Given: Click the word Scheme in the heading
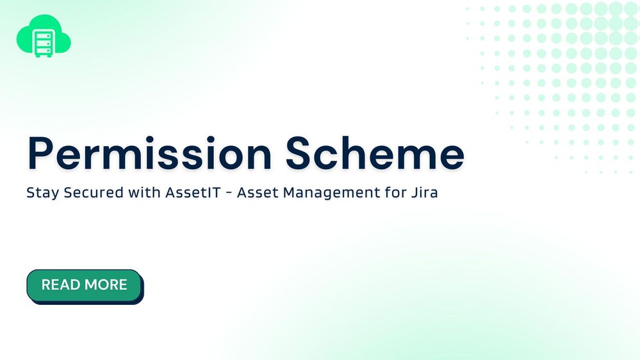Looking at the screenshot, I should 375,154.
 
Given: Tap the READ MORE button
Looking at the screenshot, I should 84,285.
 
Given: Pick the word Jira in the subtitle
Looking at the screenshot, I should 425,192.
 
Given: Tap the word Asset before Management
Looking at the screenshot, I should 263,192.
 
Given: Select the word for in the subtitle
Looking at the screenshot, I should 394,192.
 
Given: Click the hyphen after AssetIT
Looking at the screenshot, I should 232,193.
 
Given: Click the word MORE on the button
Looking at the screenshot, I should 107,285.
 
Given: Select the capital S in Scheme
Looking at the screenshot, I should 300,154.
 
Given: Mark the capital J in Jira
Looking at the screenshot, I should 414,192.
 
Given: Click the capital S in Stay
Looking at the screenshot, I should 30,192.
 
